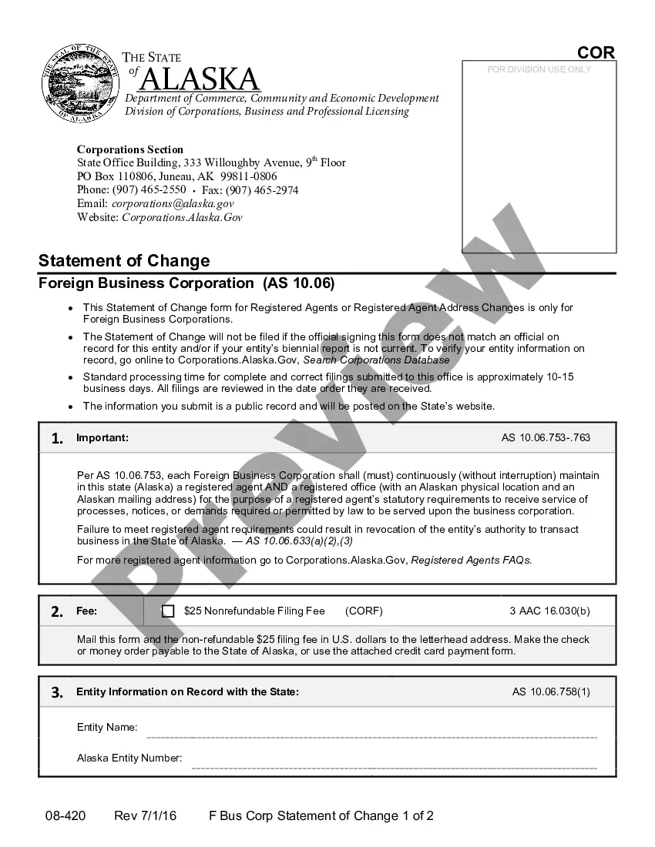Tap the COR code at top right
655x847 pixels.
pos(596,52)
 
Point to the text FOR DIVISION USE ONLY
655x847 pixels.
pos(539,69)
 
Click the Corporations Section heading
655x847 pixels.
pos(130,149)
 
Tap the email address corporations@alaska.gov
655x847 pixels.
pos(173,203)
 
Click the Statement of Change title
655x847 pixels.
pos(124,260)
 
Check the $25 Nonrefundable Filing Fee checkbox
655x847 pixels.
pos(168,611)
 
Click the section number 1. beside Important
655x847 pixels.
pos(57,438)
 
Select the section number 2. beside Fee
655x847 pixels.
pos(57,611)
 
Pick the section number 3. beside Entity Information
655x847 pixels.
pos(57,692)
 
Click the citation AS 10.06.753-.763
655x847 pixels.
pos(546,438)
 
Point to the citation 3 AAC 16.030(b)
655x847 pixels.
pos(549,611)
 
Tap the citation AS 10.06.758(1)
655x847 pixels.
pos(551,692)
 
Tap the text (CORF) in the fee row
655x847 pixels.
pos(364,611)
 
